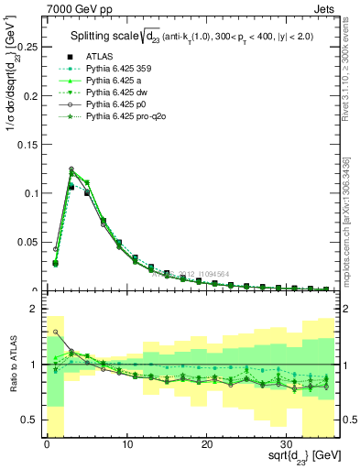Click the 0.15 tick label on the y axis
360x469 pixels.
28,144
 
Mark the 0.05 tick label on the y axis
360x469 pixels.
28,242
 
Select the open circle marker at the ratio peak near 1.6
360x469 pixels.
56,332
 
